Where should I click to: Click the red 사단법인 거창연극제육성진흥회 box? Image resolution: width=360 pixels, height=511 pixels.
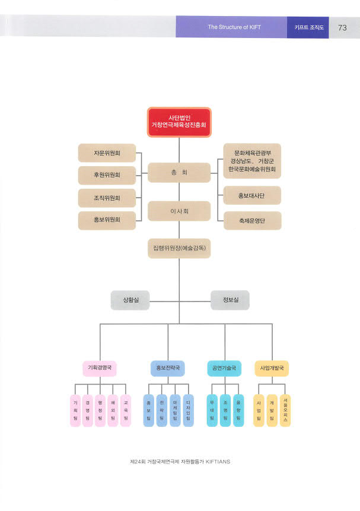(179, 122)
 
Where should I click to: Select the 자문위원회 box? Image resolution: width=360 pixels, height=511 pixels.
(107, 153)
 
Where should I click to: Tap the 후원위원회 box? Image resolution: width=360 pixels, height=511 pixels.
(107, 175)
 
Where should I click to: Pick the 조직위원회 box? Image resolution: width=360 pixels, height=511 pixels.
(107, 198)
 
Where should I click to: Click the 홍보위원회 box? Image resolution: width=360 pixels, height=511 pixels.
(107, 220)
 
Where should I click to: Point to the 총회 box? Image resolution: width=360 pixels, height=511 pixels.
(179, 172)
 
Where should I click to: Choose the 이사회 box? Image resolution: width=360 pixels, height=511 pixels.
(179, 211)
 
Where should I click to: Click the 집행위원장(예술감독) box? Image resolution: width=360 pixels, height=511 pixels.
(179, 247)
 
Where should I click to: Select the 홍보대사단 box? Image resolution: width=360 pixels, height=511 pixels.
(252, 195)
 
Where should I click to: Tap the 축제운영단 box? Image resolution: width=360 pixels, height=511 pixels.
(252, 221)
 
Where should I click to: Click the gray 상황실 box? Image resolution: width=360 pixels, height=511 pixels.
(129, 300)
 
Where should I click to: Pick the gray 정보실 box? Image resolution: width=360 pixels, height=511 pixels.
(230, 300)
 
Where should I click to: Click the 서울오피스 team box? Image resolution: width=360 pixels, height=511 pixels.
(285, 410)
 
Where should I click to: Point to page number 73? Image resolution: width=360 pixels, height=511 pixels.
(343, 27)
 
